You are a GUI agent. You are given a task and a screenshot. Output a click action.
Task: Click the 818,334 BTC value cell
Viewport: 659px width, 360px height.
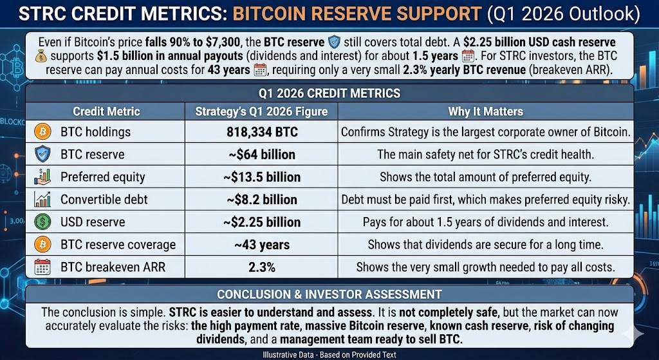coord(262,132)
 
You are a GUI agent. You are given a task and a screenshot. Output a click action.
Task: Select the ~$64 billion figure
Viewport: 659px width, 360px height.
coord(262,155)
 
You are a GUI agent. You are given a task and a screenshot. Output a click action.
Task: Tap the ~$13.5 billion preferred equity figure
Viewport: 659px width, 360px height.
coord(262,177)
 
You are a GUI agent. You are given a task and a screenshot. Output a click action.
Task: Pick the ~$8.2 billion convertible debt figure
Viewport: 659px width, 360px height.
coord(262,200)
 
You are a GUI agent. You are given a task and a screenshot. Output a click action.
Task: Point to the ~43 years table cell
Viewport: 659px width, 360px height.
coord(262,244)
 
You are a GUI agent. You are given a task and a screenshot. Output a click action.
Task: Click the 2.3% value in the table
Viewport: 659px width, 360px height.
coord(262,267)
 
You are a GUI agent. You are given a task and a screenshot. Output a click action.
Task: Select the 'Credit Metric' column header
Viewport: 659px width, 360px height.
coord(106,111)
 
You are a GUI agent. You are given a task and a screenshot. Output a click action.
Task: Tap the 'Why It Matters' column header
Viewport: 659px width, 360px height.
coord(485,111)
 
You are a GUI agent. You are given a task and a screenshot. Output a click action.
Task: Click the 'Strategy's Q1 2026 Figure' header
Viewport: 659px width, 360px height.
coord(261,111)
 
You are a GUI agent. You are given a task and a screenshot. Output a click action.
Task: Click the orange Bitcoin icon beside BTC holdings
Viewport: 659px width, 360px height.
coord(42,131)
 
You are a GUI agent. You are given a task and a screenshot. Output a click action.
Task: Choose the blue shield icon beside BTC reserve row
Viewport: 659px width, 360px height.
coord(42,155)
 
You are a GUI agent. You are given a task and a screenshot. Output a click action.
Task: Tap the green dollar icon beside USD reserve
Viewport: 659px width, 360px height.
coord(42,222)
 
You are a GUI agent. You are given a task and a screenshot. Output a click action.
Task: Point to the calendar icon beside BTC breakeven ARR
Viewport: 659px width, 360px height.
coord(42,267)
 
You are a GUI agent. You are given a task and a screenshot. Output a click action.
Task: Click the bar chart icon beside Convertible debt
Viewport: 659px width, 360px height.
coord(42,200)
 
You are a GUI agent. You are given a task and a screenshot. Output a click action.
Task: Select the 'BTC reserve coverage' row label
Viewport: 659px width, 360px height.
coord(118,245)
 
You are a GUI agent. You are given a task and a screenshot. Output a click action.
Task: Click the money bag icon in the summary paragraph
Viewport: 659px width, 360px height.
coord(41,56)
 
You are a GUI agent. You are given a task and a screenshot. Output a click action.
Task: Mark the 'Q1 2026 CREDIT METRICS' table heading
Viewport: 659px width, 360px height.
coord(329,93)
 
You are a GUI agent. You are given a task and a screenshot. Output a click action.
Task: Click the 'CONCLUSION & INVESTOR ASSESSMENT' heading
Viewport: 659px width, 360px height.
coord(329,294)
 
